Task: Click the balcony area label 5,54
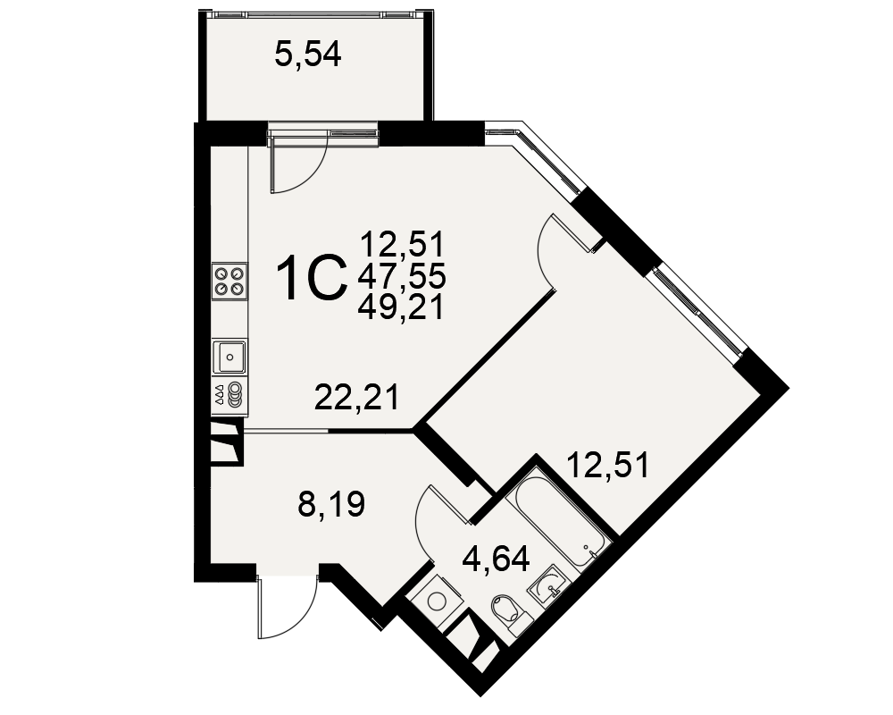[x=307, y=56]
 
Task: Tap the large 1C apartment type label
[x=312, y=277]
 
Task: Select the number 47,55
[x=402, y=277]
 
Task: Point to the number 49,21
[x=400, y=307]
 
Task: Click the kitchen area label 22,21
[x=356, y=397]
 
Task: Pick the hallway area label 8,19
[x=331, y=503]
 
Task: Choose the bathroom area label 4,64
[x=496, y=559]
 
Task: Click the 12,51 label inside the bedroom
[x=607, y=465]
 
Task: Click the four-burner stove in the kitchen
[x=230, y=281]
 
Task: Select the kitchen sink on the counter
[x=230, y=357]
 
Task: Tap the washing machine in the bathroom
[x=437, y=601]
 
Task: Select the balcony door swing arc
[x=311, y=172]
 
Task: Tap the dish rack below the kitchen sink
[x=230, y=393]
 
